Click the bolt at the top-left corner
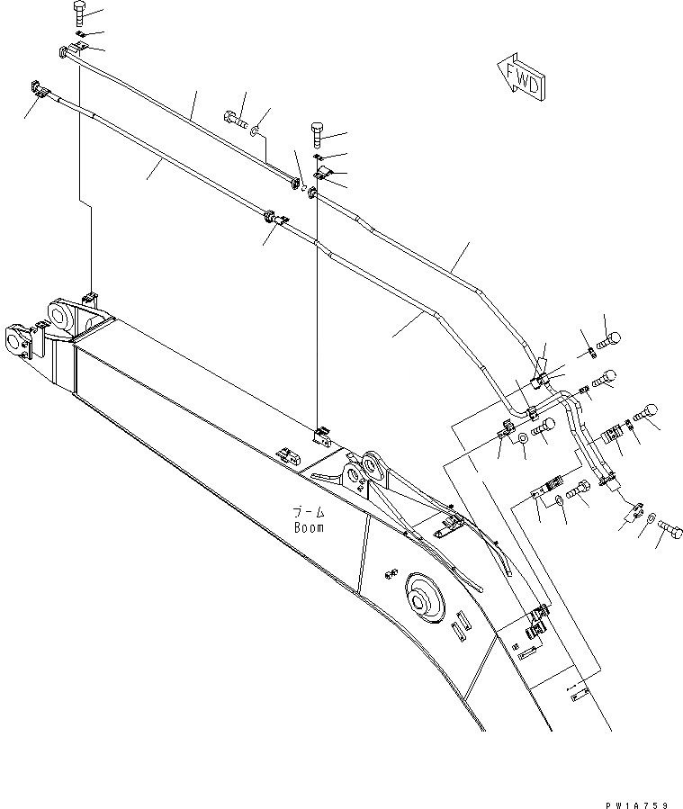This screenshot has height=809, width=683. coord(76,13)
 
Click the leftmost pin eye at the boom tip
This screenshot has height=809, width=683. coord(15,341)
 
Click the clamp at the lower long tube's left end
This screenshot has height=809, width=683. coord(40,89)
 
